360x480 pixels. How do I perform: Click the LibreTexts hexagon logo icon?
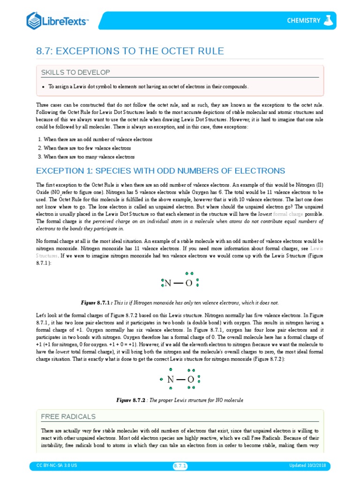[x=34, y=20]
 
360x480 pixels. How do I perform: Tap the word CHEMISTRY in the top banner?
[x=304, y=21]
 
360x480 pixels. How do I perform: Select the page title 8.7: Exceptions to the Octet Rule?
[x=130, y=51]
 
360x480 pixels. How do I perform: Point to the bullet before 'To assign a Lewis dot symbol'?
[x=43, y=87]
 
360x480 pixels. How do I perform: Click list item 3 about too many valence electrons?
[x=89, y=157]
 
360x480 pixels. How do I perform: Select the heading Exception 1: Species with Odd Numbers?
[x=160, y=170]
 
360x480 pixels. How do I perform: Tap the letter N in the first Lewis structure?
[x=167, y=283]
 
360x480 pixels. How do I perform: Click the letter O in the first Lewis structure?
[x=189, y=283]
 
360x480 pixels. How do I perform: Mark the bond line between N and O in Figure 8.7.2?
[x=180, y=380]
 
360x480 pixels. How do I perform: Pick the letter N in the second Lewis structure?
[x=171, y=380]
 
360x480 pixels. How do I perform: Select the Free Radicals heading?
[x=68, y=416]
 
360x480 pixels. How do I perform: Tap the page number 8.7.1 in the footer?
[x=180, y=465]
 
